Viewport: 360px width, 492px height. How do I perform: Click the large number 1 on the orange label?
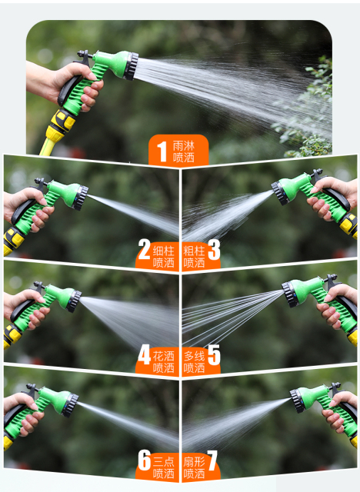coord(162,152)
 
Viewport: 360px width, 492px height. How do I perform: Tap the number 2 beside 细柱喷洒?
coord(144,249)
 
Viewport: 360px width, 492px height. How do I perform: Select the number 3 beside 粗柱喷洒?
coord(214,250)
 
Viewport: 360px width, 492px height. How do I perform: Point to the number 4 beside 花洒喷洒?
coord(144,355)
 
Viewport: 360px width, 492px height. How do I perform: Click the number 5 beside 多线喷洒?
coord(214,355)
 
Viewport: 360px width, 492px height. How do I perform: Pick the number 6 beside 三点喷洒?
coord(145,460)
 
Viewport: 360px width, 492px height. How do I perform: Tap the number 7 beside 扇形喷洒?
coord(212,460)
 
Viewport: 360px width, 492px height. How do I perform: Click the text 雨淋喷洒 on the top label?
coord(184,152)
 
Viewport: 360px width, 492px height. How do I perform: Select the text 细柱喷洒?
coord(164,257)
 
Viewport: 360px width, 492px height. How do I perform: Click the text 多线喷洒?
coord(195,362)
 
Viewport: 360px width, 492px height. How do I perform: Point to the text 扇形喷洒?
coord(195,467)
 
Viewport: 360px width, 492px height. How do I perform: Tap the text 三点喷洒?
coord(164,467)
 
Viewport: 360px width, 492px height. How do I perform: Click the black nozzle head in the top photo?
coord(131,66)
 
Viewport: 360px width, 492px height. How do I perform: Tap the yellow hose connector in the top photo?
coord(61,125)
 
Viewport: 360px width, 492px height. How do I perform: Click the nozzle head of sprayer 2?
coord(80,198)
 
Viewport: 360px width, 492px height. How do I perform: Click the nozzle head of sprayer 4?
coord(74,301)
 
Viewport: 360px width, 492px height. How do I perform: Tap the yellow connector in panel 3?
coord(349,225)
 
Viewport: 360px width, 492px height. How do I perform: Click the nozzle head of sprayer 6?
coord(70,405)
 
